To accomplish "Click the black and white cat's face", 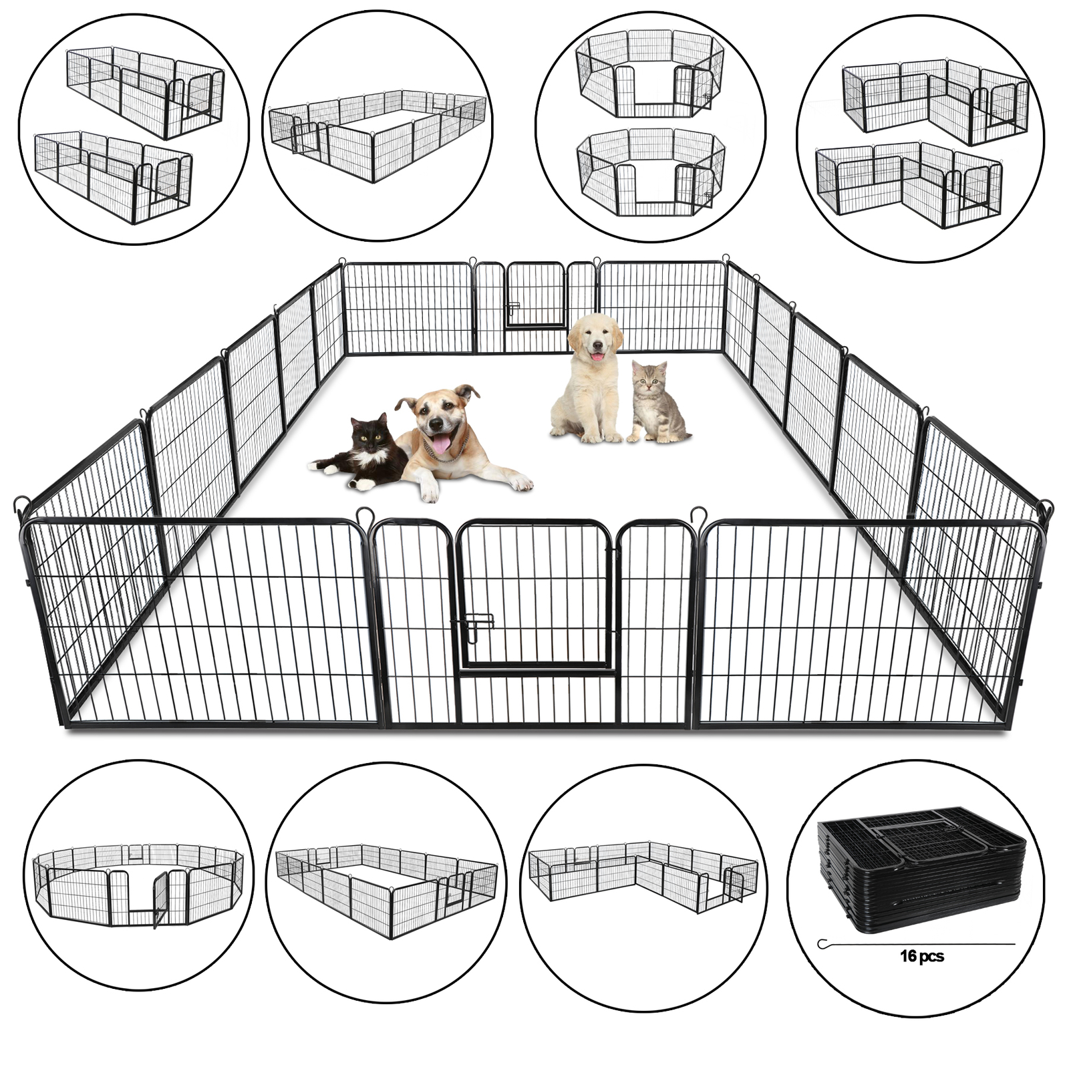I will (x=372, y=434).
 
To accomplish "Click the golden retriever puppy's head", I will (x=595, y=337).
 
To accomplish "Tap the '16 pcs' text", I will (x=921, y=957).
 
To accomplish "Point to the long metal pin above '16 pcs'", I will (x=915, y=943).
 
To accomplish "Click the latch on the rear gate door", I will (x=513, y=308).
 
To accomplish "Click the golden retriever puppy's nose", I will (x=597, y=346).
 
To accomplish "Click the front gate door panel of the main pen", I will (x=534, y=595).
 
